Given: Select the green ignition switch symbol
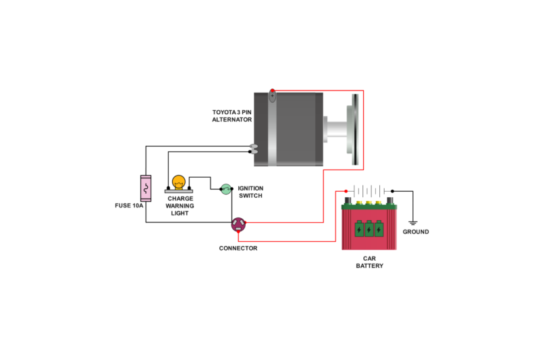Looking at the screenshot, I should pyautogui.click(x=227, y=190).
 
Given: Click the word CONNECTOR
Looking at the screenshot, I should pyautogui.click(x=238, y=248).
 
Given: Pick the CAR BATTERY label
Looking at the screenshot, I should pyautogui.click(x=369, y=262).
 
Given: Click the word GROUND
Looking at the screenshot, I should pyautogui.click(x=415, y=232).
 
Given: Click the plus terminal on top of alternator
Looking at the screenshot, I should pyautogui.click(x=272, y=95).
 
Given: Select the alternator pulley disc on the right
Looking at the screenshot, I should pyautogui.click(x=354, y=128).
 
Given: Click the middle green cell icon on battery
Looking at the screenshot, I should pyautogui.click(x=369, y=230).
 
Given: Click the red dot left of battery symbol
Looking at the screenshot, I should pyautogui.click(x=346, y=191).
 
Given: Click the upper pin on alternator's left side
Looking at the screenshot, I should pyautogui.click(x=254, y=146).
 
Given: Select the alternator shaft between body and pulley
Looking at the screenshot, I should pyautogui.click(x=333, y=128).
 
